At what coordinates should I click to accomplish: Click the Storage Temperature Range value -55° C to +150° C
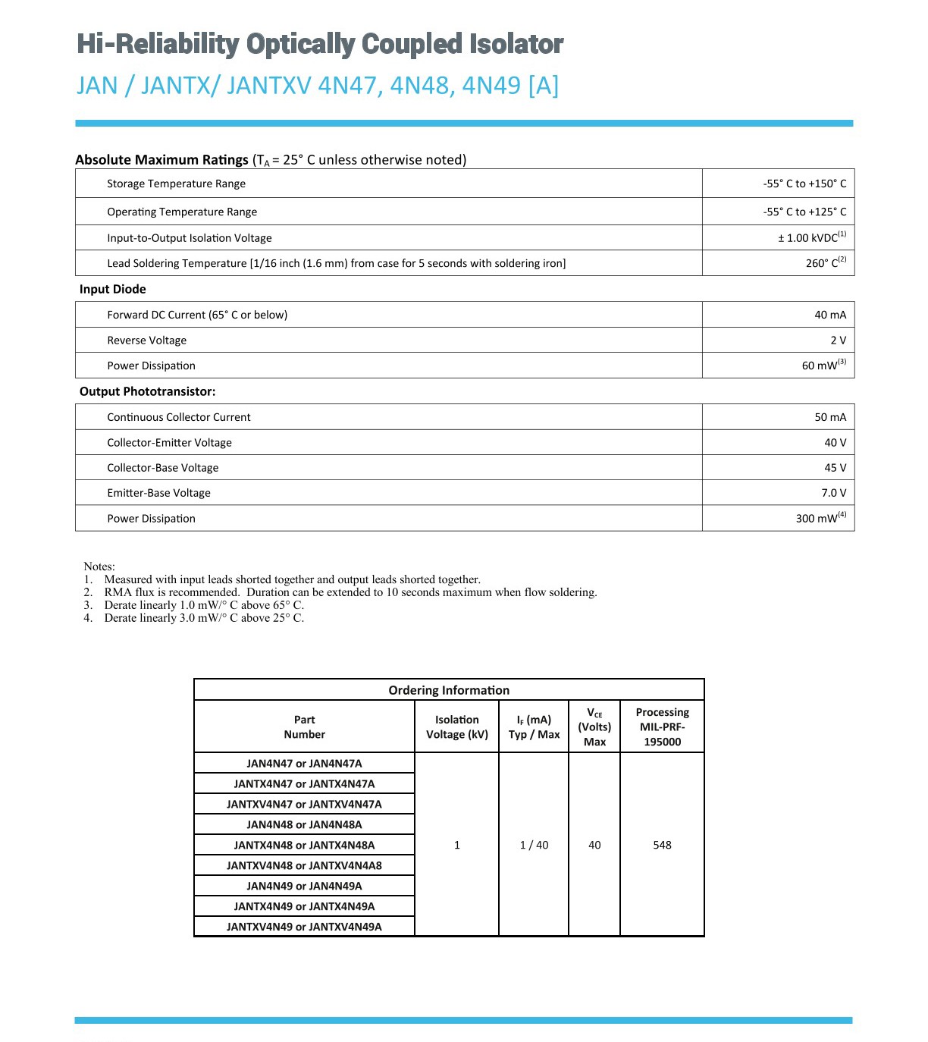point(804,184)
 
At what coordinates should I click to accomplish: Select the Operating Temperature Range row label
point(182,212)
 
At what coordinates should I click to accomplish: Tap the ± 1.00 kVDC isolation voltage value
point(810,237)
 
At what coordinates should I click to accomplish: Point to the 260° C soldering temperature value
point(825,263)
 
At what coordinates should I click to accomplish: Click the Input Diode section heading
point(113,289)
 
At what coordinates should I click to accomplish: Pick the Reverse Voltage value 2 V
point(838,341)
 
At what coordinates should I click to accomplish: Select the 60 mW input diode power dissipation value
point(823,366)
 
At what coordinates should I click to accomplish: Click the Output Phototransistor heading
point(148,391)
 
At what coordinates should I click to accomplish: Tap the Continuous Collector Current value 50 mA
point(830,417)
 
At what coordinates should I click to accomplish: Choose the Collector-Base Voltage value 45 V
point(835,468)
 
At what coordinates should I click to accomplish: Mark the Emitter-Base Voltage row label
point(159,493)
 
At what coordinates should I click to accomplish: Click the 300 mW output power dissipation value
point(820,519)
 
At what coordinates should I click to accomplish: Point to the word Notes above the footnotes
point(99,567)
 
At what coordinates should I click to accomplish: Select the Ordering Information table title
point(449,690)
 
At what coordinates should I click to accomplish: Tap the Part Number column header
point(304,727)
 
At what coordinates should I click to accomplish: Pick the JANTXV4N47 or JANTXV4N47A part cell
point(304,804)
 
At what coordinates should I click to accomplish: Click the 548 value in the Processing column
point(662,845)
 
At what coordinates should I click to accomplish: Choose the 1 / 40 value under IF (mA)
point(534,845)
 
